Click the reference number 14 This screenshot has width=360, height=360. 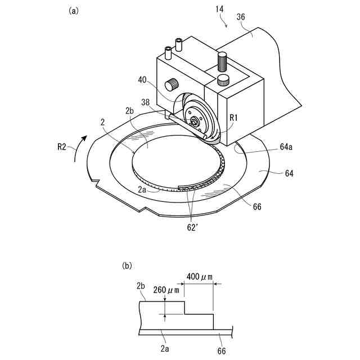click(219, 9)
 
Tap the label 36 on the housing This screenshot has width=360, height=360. click(241, 17)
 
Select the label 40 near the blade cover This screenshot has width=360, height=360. click(142, 80)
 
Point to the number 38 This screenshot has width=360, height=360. click(145, 102)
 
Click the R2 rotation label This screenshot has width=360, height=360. click(61, 147)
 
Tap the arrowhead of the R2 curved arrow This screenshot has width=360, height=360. click(84, 138)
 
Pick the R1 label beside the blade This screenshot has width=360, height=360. click(233, 118)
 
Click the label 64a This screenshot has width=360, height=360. click(286, 147)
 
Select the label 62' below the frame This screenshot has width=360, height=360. click(192, 227)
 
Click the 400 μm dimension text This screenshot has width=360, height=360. click(200, 277)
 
